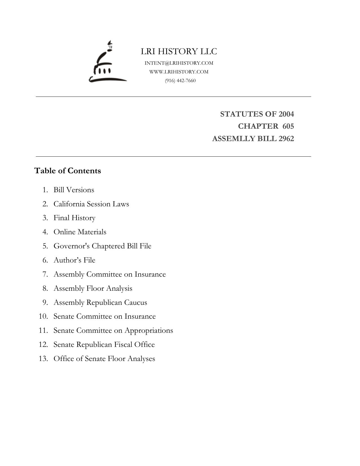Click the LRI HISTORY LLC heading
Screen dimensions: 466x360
click(179, 51)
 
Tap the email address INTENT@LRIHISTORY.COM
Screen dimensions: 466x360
click(179, 63)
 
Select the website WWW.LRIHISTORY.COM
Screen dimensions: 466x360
click(179, 72)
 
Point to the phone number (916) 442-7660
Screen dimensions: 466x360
click(180, 81)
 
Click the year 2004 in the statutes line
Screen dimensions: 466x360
click(286, 114)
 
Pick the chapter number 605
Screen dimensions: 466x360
click(288, 126)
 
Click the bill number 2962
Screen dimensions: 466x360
click(286, 139)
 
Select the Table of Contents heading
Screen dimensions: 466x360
click(68, 171)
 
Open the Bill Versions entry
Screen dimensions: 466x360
click(74, 190)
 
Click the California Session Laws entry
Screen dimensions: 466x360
click(91, 204)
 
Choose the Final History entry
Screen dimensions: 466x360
click(74, 218)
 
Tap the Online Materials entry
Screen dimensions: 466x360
click(80, 232)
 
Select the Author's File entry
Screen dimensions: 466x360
click(74, 260)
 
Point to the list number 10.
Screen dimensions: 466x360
click(43, 316)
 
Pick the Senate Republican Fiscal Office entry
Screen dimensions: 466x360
click(104, 345)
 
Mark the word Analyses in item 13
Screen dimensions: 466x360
click(141, 359)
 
